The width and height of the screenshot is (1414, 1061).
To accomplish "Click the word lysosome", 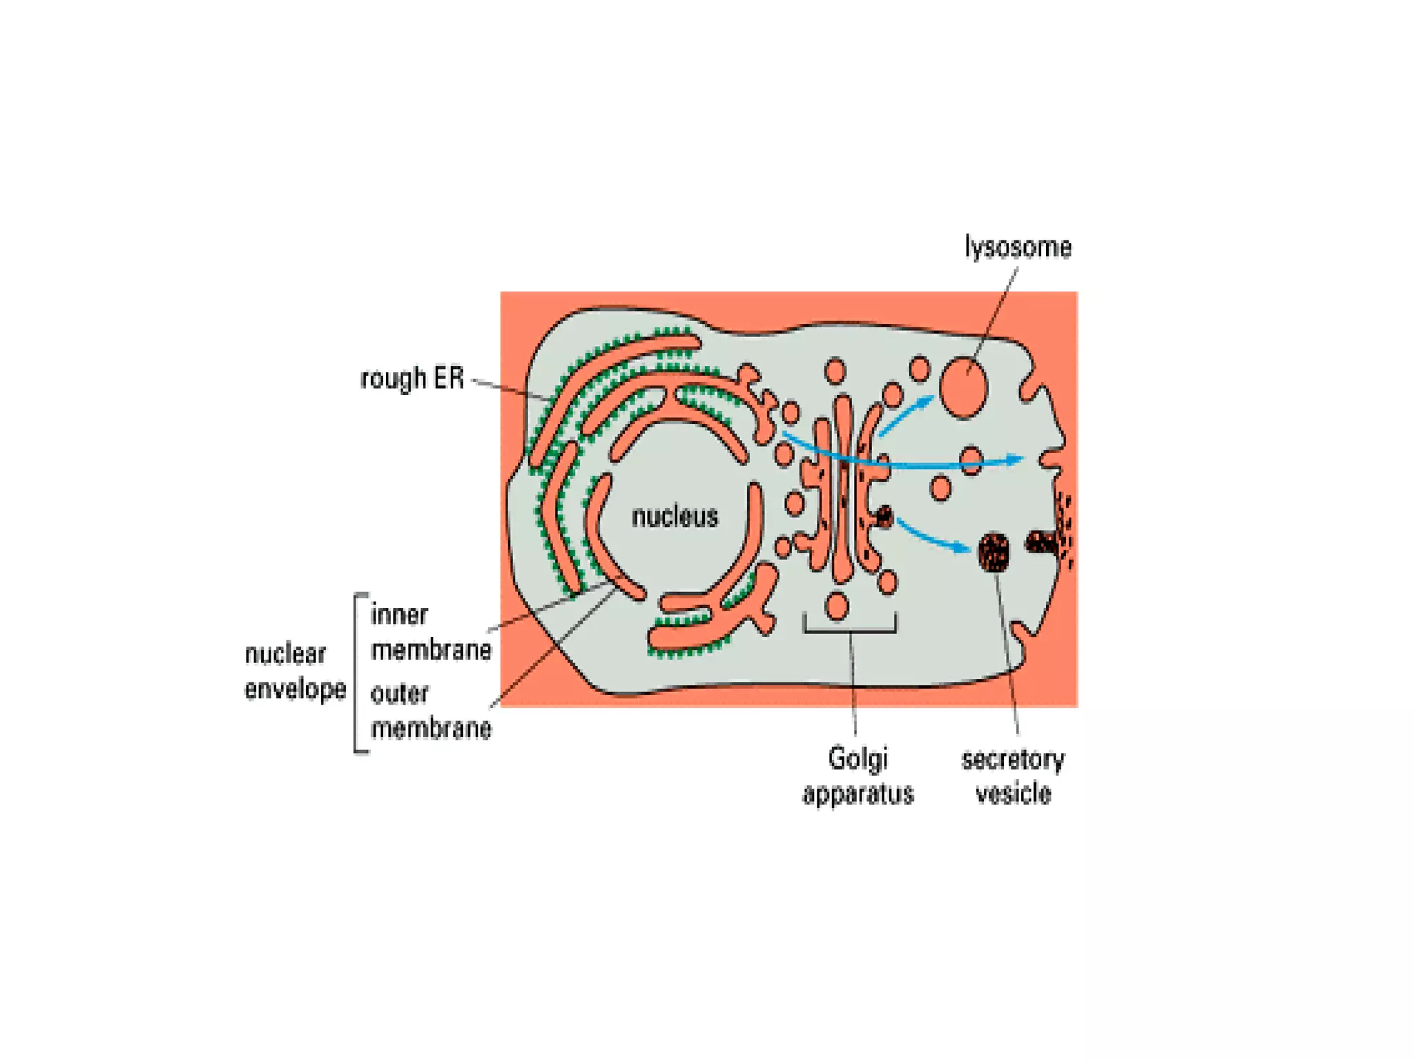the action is click(x=1017, y=247).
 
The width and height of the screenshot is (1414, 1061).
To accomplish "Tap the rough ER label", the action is click(x=412, y=379).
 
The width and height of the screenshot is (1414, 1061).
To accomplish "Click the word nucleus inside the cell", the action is click(x=675, y=517).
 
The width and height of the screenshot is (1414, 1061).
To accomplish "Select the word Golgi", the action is click(x=858, y=758).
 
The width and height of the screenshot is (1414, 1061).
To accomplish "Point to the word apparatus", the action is click(x=858, y=794).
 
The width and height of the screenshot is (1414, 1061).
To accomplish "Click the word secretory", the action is click(x=1013, y=759).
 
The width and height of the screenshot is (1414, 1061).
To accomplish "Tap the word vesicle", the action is click(x=1013, y=794).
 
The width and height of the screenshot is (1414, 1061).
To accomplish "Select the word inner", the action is click(x=399, y=615).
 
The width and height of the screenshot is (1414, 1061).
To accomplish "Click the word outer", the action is click(x=399, y=694).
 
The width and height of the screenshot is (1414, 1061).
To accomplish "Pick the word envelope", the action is click(x=296, y=689).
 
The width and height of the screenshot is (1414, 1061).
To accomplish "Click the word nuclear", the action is click(x=285, y=653).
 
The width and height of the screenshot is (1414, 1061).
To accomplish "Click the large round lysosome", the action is click(x=963, y=388).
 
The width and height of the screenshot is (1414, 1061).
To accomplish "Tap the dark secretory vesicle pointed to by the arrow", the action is click(x=994, y=552).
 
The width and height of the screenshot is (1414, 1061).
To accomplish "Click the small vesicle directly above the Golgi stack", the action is click(x=835, y=371).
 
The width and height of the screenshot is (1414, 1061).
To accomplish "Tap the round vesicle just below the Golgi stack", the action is click(x=837, y=606).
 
